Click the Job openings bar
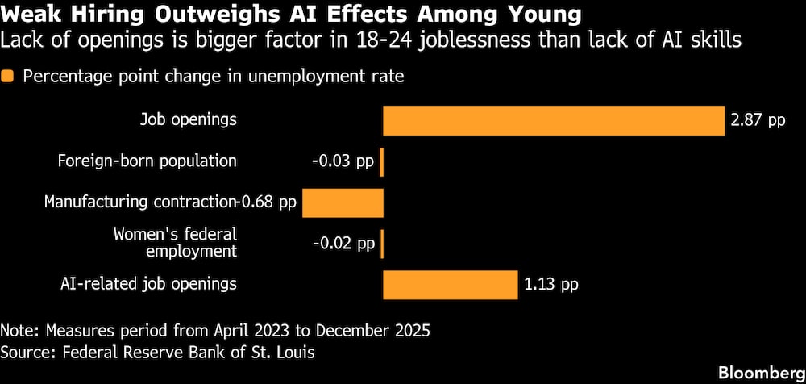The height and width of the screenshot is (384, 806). click(x=554, y=121)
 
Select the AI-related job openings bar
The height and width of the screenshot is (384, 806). click(x=451, y=285)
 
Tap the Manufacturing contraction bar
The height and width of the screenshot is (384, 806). click(x=343, y=202)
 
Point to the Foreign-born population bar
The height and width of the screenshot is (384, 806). click(x=381, y=162)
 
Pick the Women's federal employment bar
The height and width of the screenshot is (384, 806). click(x=382, y=244)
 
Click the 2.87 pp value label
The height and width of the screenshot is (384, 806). click(x=758, y=122)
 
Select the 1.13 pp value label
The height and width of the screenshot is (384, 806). click(x=551, y=285)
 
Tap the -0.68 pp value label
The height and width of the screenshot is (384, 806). click(x=266, y=202)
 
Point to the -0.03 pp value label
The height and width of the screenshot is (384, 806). click(x=343, y=162)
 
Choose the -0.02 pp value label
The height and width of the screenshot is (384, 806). click(x=343, y=244)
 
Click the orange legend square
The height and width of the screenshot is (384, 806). click(x=7, y=77)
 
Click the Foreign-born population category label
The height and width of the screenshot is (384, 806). click(x=147, y=161)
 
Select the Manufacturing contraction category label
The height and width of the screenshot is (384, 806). click(x=139, y=202)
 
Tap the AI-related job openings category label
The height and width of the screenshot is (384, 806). click(x=148, y=285)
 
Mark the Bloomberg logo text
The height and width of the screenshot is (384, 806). click(x=762, y=372)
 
